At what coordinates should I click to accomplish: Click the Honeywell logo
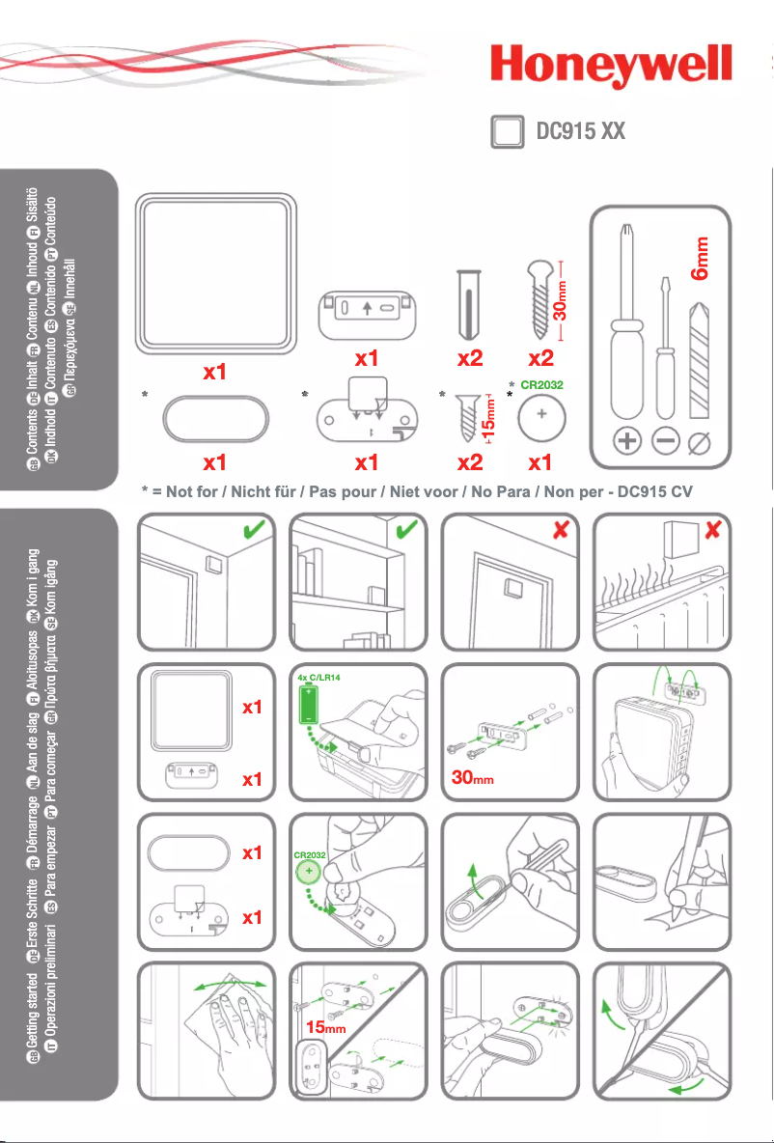[x=611, y=71]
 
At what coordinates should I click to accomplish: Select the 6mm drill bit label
[x=702, y=258]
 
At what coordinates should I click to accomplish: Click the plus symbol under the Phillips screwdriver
[x=628, y=442]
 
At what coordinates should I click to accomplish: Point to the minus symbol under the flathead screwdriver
[x=666, y=442]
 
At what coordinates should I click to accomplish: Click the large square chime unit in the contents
[x=215, y=274]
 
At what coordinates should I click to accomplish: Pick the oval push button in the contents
[x=215, y=421]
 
